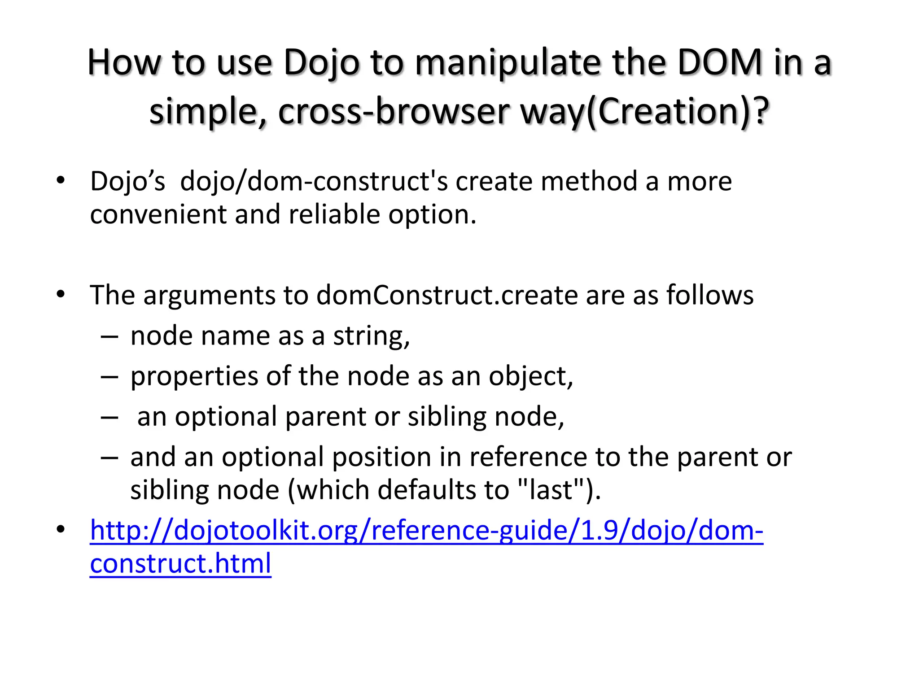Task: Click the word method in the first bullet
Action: coord(589,181)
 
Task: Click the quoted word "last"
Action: coord(552,489)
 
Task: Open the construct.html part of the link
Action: coord(180,563)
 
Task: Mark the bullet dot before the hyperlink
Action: coord(61,530)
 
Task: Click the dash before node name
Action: coord(109,336)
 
